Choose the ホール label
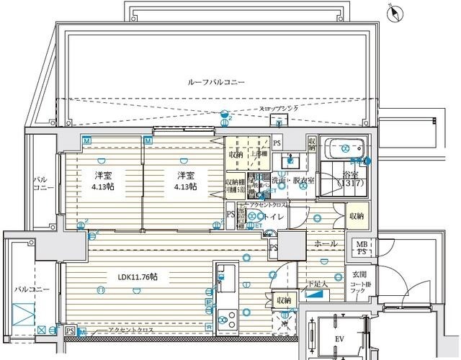[326, 244]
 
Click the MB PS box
[357, 249]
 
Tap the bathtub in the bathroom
[343, 148]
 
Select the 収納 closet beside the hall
[357, 216]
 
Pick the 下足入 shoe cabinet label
[317, 284]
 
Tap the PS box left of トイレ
[230, 215]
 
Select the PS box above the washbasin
[277, 142]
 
